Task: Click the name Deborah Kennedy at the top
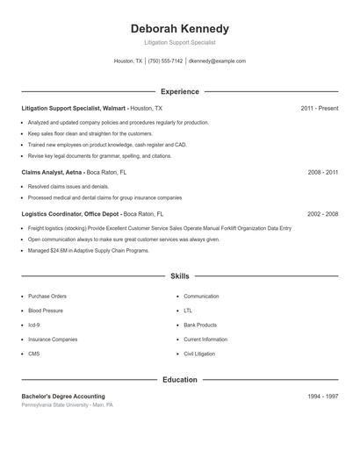pyautogui.click(x=179, y=29)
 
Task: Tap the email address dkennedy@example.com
pyautogui.click(x=218, y=61)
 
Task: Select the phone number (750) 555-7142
pyautogui.click(x=165, y=61)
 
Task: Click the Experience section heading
pyautogui.click(x=179, y=91)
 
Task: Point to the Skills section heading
pyautogui.click(x=179, y=276)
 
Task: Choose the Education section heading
pyautogui.click(x=179, y=380)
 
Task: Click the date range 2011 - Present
pyautogui.click(x=319, y=108)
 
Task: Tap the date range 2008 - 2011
pyautogui.click(x=322, y=173)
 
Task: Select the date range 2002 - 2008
pyautogui.click(x=322, y=214)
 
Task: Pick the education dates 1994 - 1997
pyautogui.click(x=322, y=397)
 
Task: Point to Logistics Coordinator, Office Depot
pyautogui.click(x=70, y=214)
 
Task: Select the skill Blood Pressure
pyautogui.click(x=46, y=311)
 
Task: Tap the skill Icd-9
pyautogui.click(x=34, y=325)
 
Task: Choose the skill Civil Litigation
pyautogui.click(x=199, y=354)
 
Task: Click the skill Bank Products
pyautogui.click(x=200, y=325)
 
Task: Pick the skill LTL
pyautogui.click(x=188, y=311)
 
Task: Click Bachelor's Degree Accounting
pyautogui.click(x=63, y=397)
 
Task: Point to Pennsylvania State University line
pyautogui.click(x=67, y=405)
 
